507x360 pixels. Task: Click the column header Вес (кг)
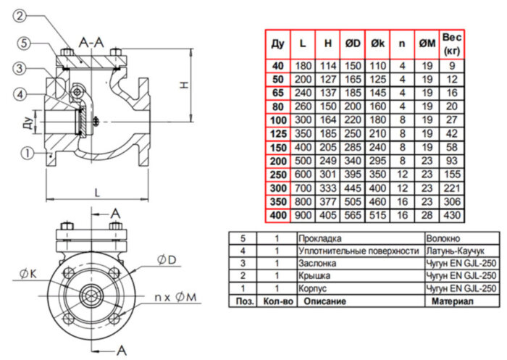click(452, 43)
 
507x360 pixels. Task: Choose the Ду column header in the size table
click(278, 44)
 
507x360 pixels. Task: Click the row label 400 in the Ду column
click(278, 216)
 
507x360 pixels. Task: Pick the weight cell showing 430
click(452, 216)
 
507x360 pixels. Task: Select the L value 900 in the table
click(303, 216)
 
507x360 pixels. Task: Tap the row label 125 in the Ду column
click(278, 133)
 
